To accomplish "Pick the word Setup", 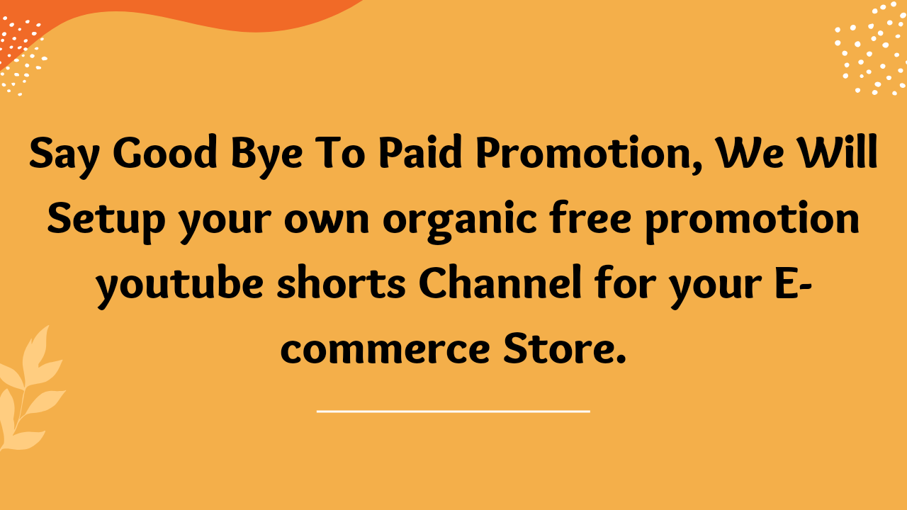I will click(106, 221).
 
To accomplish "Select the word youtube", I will click(179, 287).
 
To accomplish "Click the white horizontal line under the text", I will click(453, 410).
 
